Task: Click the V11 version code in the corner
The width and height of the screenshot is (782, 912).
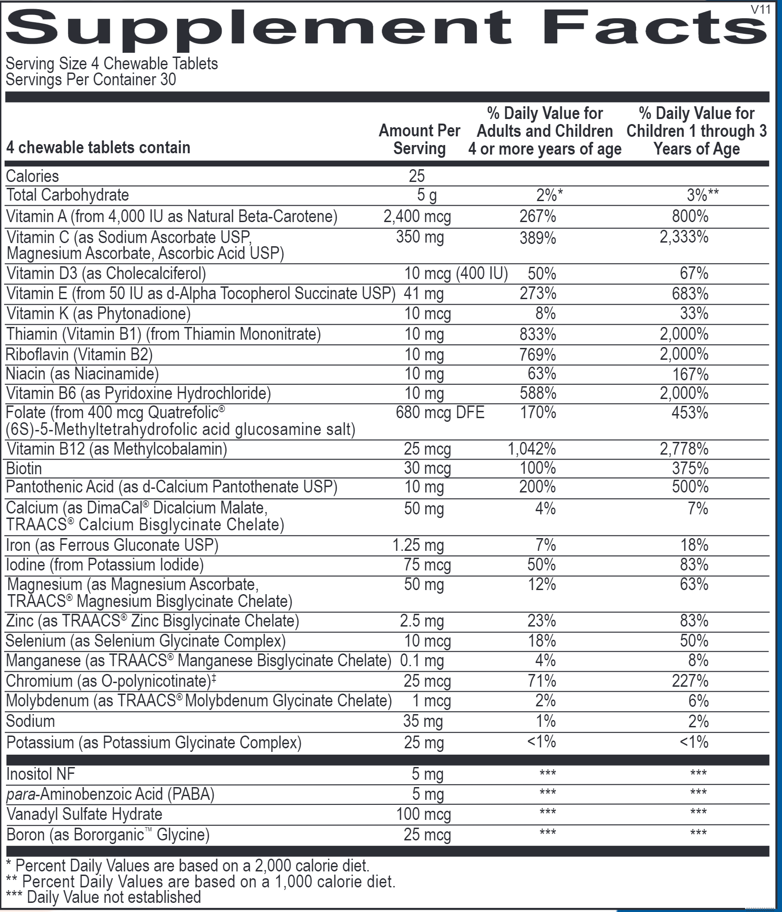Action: (x=760, y=10)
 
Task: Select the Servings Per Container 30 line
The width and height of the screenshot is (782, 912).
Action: (x=91, y=80)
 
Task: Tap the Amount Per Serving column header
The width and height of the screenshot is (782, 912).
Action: (x=419, y=140)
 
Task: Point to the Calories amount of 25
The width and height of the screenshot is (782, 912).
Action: (x=417, y=176)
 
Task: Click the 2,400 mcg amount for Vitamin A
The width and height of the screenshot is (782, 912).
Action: (x=417, y=216)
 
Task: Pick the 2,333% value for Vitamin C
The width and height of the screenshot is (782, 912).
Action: (x=684, y=237)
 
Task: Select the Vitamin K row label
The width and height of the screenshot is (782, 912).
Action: (x=98, y=314)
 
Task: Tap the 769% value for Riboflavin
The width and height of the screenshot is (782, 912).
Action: (x=538, y=354)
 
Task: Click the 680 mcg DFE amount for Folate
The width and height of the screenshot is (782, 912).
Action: (x=440, y=413)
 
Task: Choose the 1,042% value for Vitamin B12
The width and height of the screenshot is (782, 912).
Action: (x=532, y=449)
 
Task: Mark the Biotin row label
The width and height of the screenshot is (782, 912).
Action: (x=24, y=469)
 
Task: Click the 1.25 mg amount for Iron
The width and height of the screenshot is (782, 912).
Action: (x=418, y=545)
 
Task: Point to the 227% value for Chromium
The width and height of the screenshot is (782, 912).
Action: (x=690, y=681)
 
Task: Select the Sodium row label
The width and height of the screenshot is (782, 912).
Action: (x=30, y=721)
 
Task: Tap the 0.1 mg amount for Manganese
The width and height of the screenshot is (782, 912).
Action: (x=422, y=661)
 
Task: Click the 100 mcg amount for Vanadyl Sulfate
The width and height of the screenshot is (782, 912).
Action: (x=423, y=814)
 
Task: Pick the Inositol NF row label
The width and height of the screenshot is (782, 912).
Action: (x=41, y=774)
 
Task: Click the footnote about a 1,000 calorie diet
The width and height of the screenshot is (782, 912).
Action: (x=201, y=881)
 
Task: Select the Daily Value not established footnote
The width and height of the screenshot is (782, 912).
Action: (x=104, y=897)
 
